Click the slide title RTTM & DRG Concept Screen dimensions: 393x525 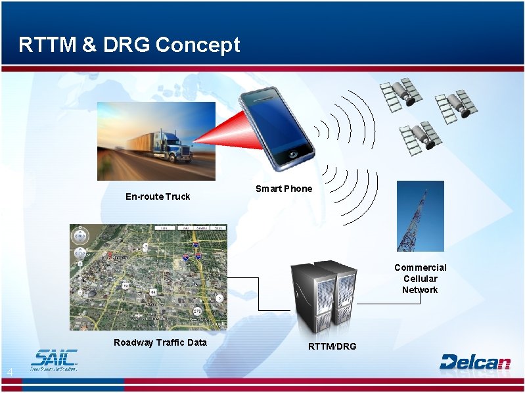coord(129,45)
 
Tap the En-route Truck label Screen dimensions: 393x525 coord(158,196)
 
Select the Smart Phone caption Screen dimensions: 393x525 coord(284,189)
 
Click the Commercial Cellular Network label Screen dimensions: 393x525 coord(420,279)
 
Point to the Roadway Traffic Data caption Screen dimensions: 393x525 coord(160,342)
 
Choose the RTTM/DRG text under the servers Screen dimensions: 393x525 coord(332,346)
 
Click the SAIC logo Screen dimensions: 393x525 coord(54,359)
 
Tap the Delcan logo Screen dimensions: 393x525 coord(474,361)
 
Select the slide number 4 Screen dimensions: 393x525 coord(9,373)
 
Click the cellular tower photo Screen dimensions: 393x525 coord(421,216)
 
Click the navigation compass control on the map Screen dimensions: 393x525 coord(80,236)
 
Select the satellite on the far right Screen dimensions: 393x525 coord(456,102)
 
